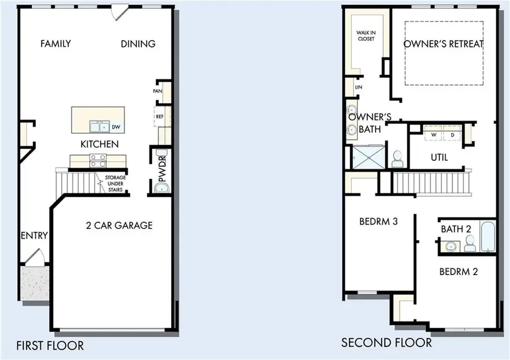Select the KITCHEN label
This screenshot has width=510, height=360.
[x=99, y=144]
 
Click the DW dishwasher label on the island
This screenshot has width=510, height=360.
[x=116, y=126]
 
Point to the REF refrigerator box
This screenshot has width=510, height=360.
[x=159, y=117]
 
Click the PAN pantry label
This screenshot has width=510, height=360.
[x=158, y=91]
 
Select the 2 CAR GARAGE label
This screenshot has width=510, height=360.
[x=118, y=225]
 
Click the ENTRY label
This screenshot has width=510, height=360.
[x=35, y=236]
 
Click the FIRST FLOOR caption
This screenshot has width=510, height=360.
[x=50, y=345]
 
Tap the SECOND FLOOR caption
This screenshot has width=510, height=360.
[x=386, y=343]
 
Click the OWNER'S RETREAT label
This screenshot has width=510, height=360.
[x=444, y=44]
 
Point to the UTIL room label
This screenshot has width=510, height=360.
[x=439, y=158]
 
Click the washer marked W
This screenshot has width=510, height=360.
[x=433, y=134]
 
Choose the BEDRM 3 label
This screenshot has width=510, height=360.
[x=378, y=221]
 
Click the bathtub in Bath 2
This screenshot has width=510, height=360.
[x=487, y=237]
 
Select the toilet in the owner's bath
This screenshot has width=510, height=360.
[x=397, y=159]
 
